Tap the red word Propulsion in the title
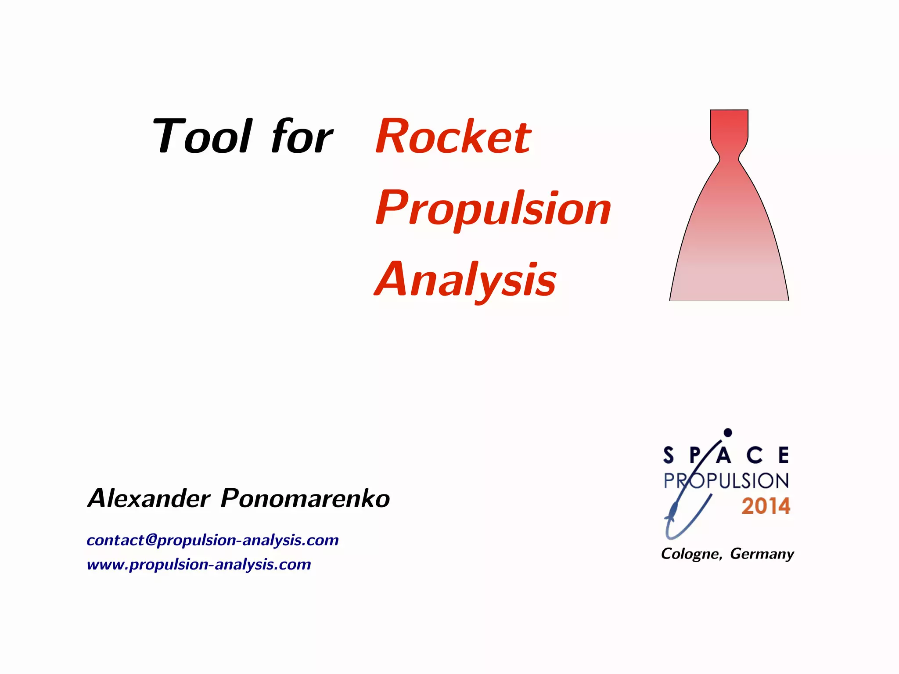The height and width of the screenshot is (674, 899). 493,209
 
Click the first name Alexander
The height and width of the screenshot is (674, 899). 149,498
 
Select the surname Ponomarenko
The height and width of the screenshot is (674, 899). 305,498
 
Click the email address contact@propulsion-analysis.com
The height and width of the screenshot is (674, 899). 212,540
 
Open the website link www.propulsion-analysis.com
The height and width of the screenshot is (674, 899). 199,564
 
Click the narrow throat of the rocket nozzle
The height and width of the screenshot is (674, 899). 729,158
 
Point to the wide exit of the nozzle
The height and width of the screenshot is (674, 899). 729,292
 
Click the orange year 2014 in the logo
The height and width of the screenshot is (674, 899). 766,506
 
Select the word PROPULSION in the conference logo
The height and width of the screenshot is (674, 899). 726,481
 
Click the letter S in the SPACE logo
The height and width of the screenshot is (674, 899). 669,455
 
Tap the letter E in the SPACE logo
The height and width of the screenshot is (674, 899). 784,455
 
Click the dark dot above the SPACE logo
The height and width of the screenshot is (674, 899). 728,433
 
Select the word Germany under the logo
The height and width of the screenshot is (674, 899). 762,554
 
